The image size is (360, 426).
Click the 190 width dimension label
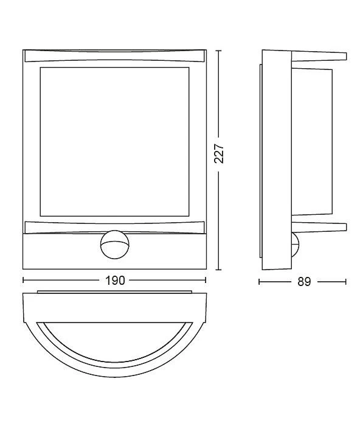pyautogui.click(x=115, y=281)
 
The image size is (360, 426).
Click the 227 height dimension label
pyautogui.click(x=219, y=153)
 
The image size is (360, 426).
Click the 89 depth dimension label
pyautogui.click(x=304, y=282)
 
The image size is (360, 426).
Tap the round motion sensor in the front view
pyautogui.click(x=114, y=245)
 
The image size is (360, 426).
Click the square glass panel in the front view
pyautogui.click(x=114, y=142)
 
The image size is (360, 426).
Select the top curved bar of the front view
pyautogui.click(x=114, y=56)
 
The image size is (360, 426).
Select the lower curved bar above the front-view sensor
pyautogui.click(x=114, y=228)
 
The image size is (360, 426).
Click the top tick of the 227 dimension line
pyautogui.click(x=218, y=51)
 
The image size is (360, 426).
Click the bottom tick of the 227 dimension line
pyautogui.click(x=218, y=270)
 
